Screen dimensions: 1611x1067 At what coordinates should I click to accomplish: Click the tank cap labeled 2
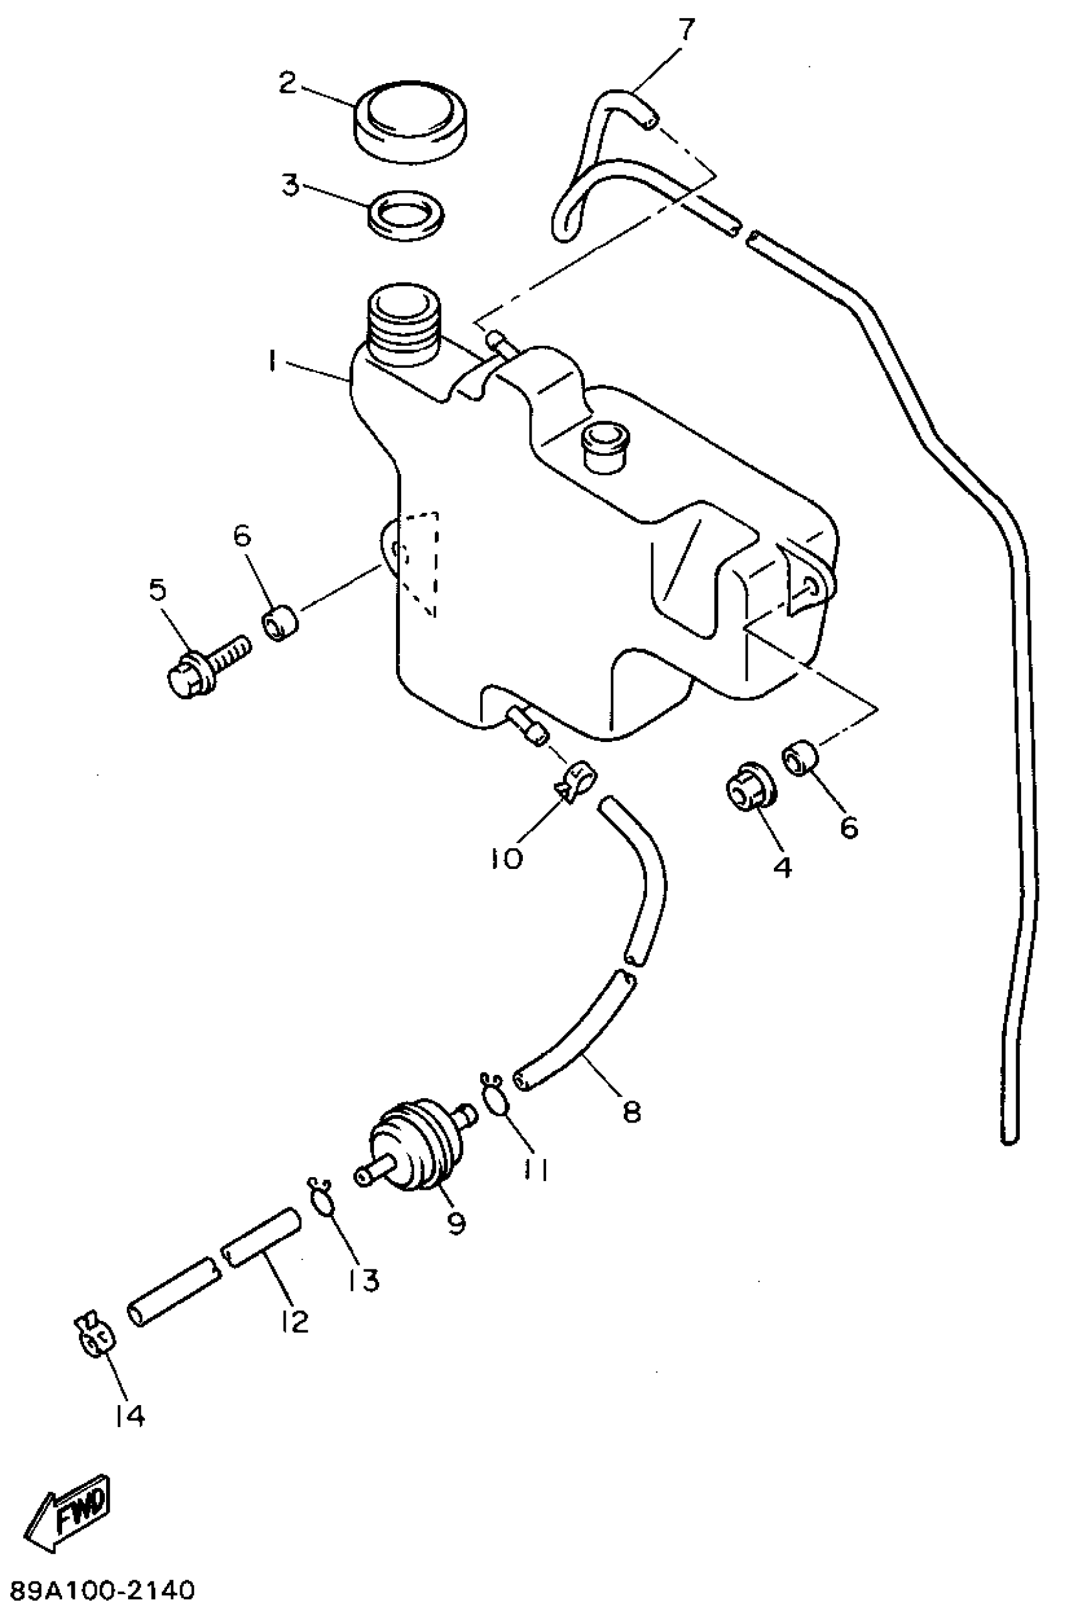point(409,122)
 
